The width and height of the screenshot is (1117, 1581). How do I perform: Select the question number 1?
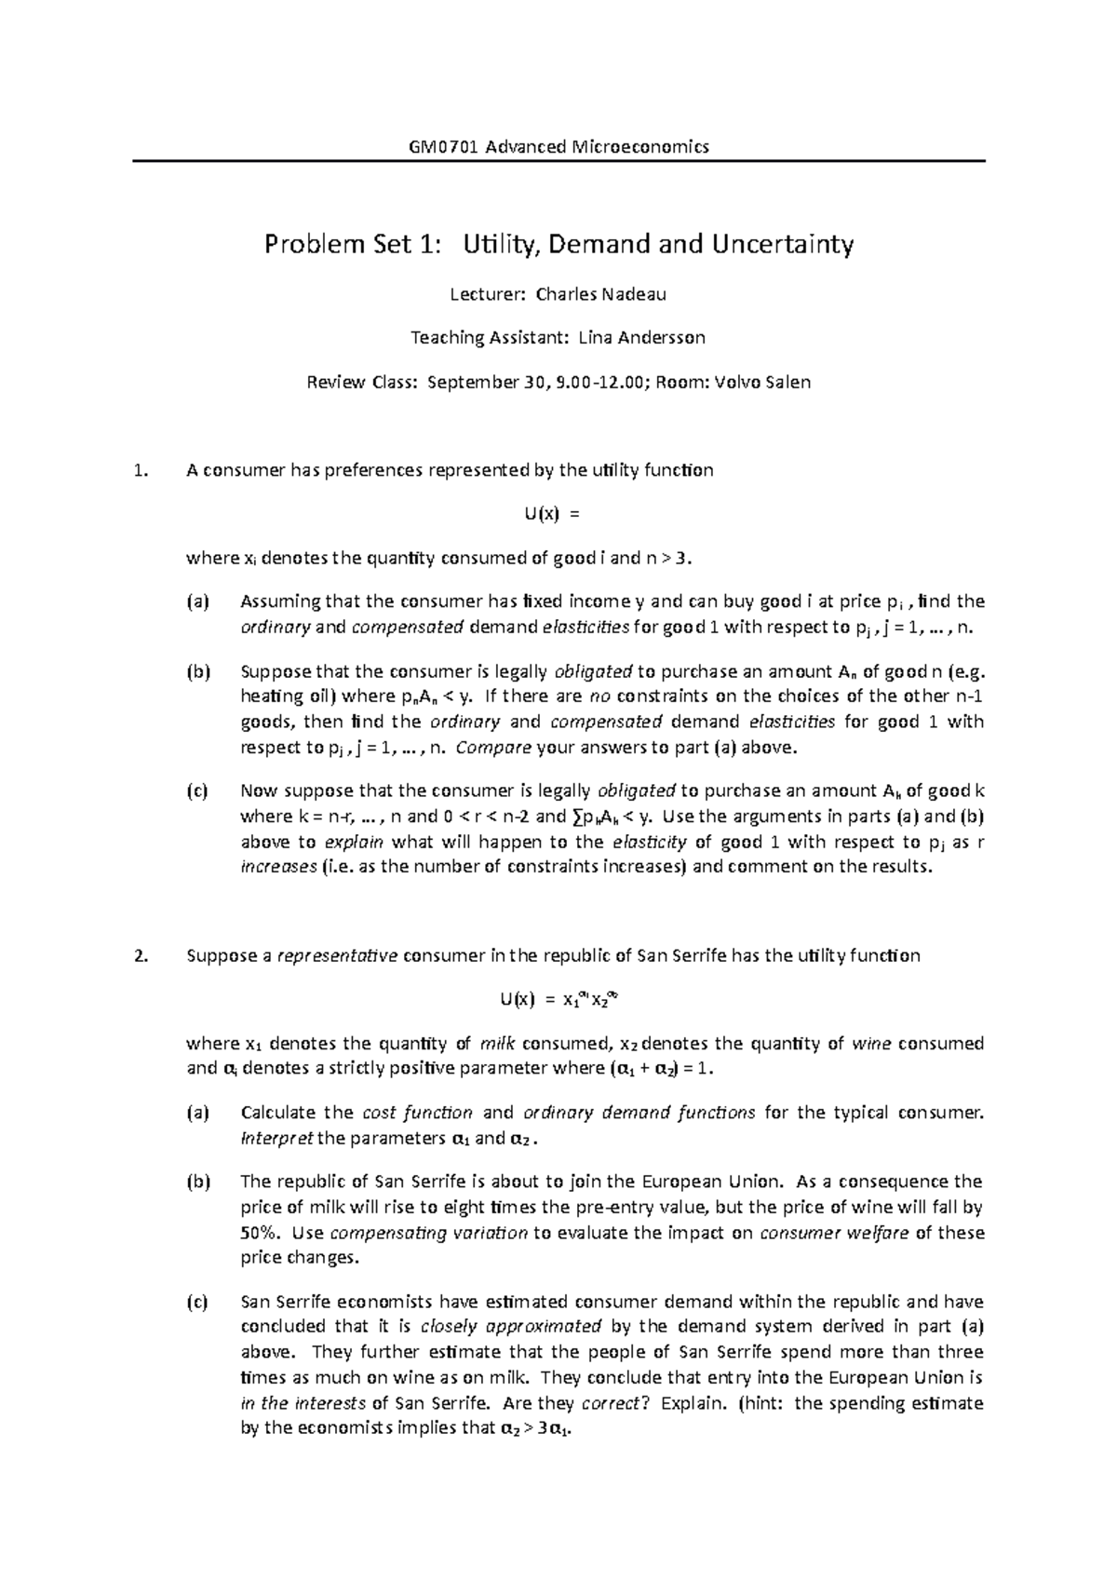coord(140,471)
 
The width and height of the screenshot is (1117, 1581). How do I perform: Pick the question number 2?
coord(140,956)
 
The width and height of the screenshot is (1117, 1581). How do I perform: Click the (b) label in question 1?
coord(198,672)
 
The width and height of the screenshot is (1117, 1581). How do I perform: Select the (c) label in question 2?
coord(198,1303)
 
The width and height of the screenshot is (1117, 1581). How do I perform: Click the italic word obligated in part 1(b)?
coord(593,672)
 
